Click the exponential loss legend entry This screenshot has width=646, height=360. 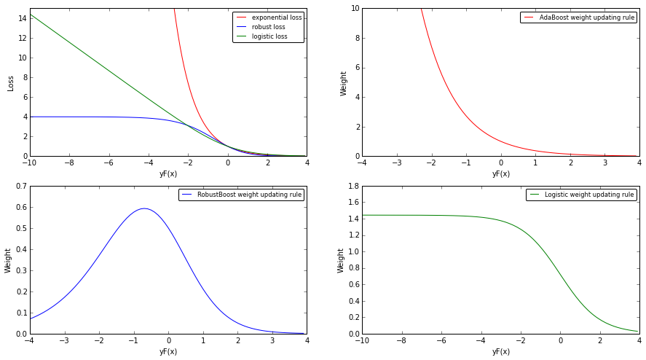coord(276,17)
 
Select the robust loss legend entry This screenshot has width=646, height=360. coord(269,27)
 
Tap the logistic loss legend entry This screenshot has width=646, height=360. coord(269,36)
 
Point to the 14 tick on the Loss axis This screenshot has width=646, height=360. coord(23,18)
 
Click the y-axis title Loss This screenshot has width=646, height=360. coord(11,82)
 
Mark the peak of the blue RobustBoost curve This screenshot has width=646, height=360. coord(144,208)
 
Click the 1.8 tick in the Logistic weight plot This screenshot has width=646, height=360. coord(352,187)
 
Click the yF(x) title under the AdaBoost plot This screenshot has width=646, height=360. coord(501,173)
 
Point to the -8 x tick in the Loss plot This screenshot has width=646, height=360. coord(68,163)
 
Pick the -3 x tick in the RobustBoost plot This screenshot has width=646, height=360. coord(63,340)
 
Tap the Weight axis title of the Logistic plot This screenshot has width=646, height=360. coord(341,260)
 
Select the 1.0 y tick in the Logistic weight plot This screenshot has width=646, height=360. coord(352,252)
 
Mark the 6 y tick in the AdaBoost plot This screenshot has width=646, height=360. coord(355,68)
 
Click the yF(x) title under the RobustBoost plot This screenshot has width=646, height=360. coord(168,351)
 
